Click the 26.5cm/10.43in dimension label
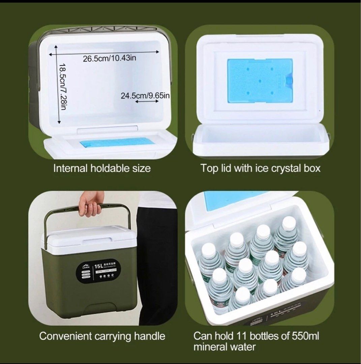pos(110,58)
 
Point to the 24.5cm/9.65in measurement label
pos(145,95)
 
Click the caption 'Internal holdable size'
pos(102,168)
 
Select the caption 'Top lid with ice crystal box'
pos(261,168)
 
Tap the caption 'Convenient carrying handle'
pos(102,336)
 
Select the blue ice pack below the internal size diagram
pos(117,143)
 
